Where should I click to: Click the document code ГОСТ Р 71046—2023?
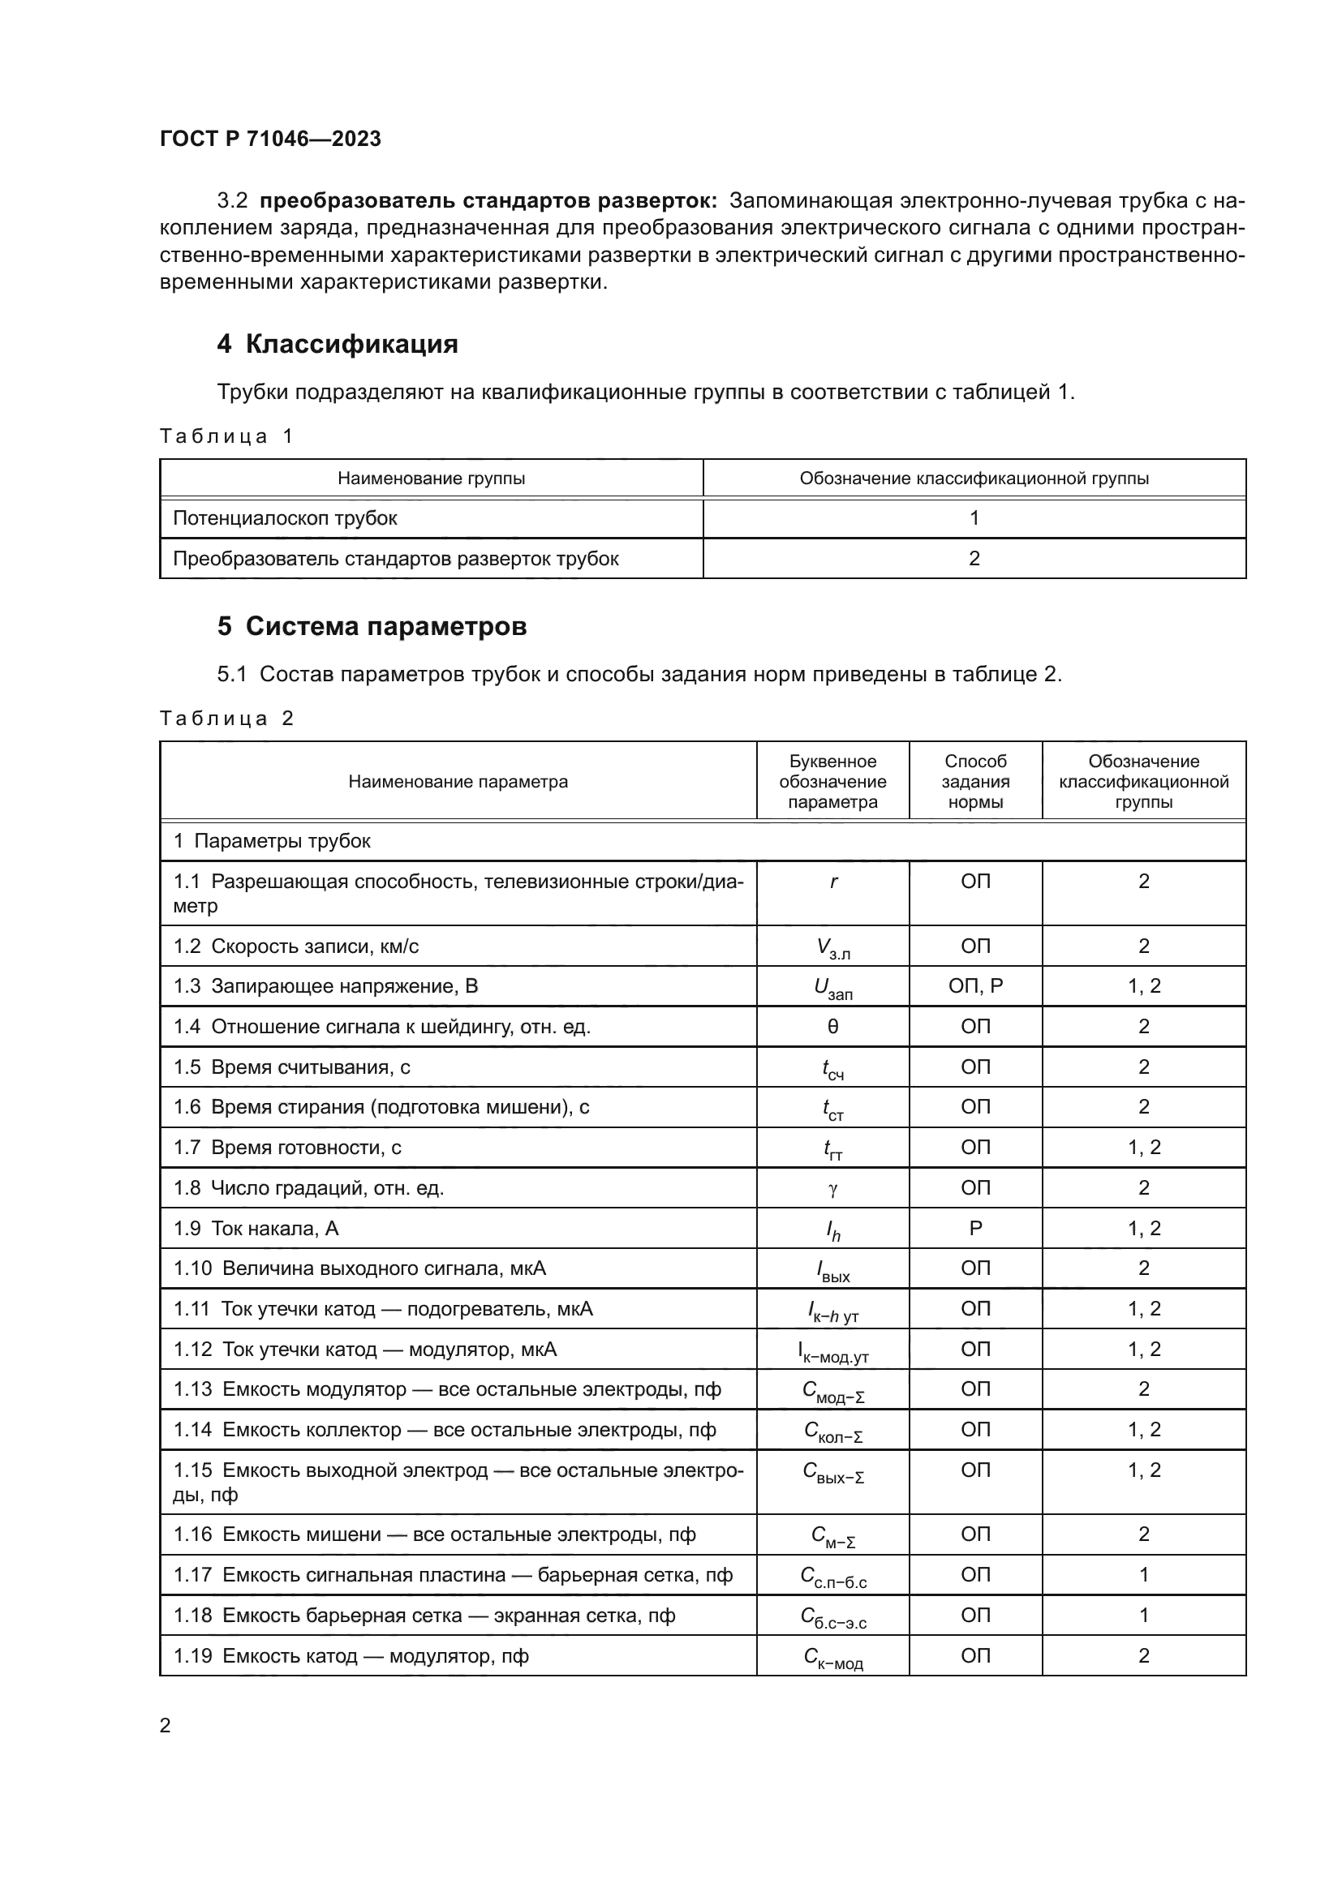coord(270,139)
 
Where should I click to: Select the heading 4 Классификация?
coord(338,344)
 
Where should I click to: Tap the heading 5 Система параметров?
coord(371,626)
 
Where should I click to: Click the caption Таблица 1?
coord(226,436)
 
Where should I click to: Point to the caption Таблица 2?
coord(226,718)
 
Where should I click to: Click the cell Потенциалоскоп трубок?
coord(285,518)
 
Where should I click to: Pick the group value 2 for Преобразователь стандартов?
coord(974,559)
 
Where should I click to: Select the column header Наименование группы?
coord(431,479)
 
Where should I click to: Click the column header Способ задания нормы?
coord(975,782)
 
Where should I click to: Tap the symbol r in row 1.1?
coord(833,882)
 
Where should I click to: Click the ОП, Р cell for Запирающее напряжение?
coord(975,985)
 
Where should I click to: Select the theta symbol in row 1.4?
coord(833,1026)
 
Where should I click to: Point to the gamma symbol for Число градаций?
coord(833,1188)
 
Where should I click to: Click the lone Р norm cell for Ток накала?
coord(975,1229)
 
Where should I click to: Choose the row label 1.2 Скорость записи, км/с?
coord(296,946)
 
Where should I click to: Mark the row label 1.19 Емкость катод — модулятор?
coord(351,1656)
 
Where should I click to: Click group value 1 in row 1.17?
coord(1144,1575)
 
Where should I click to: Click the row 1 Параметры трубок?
coord(272,841)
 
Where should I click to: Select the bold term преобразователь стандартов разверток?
coord(488,201)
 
